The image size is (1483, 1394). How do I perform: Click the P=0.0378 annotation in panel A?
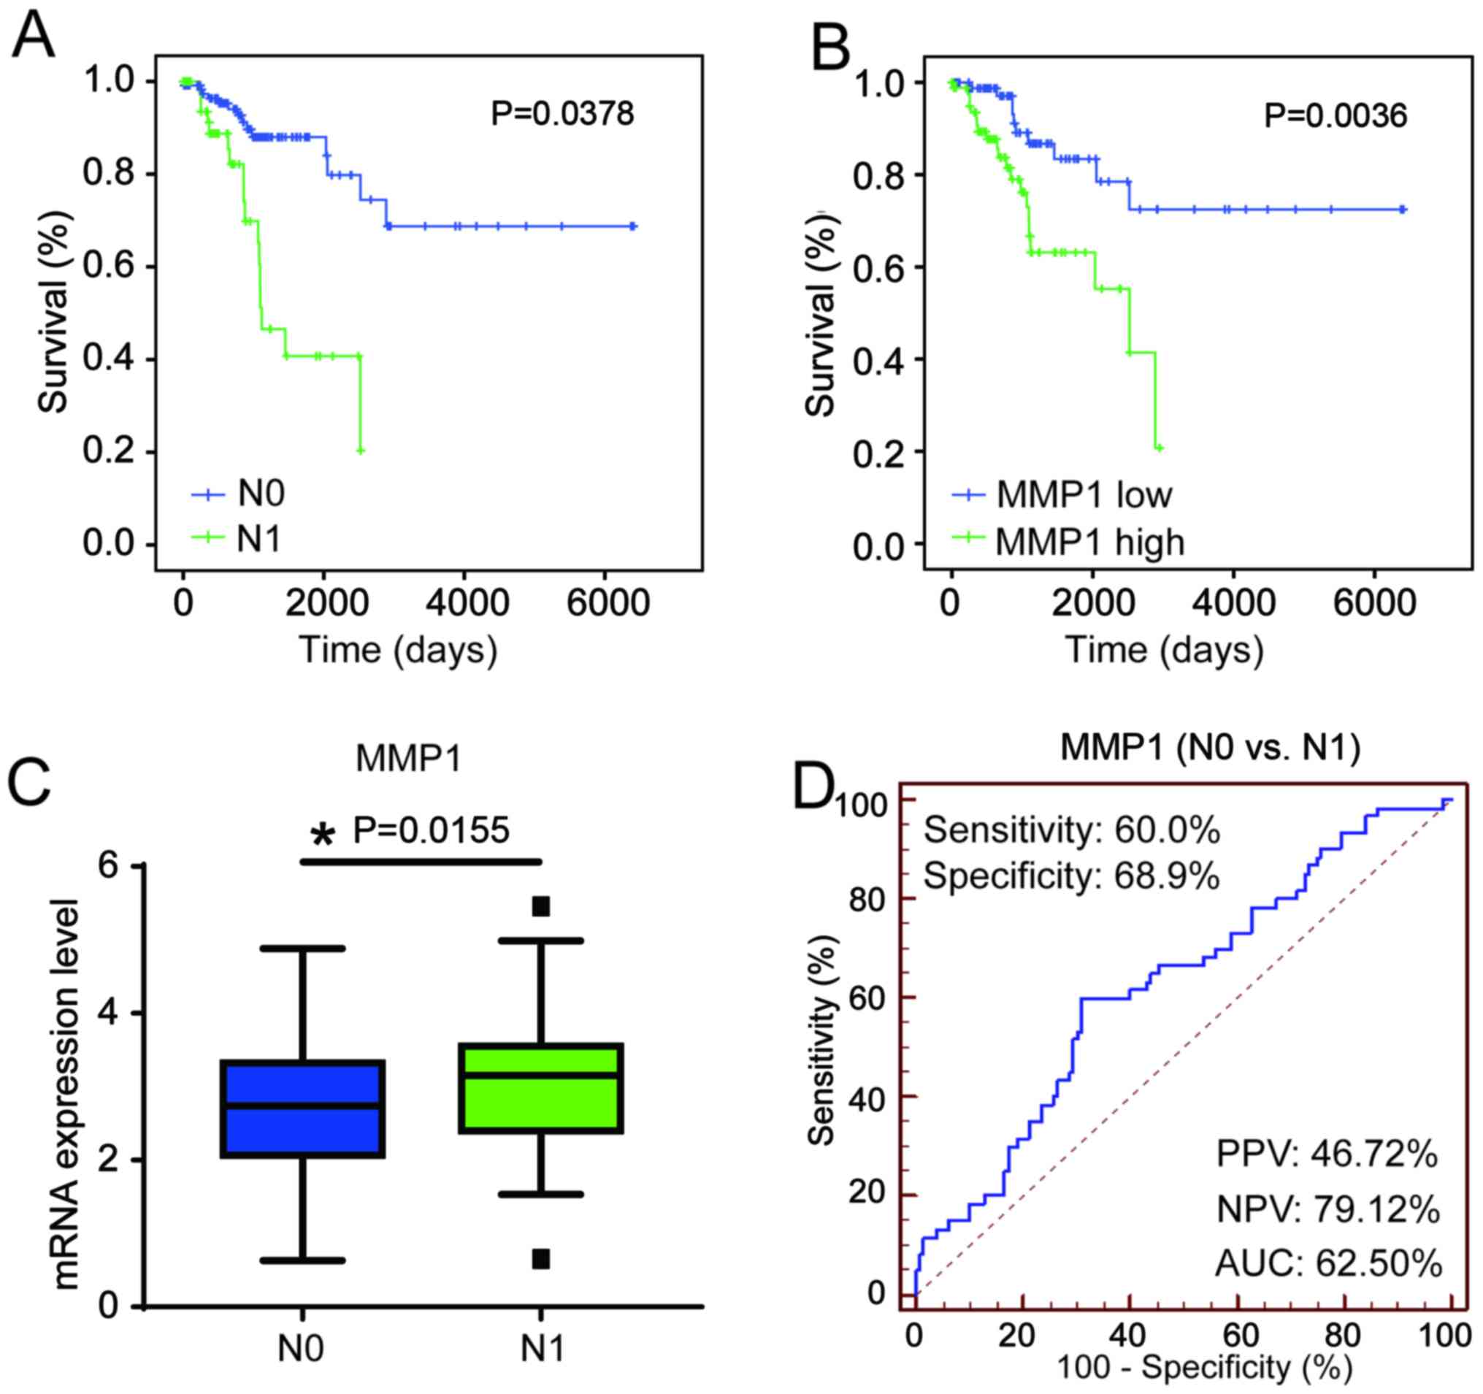tap(562, 114)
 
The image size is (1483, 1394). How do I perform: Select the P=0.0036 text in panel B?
tap(1336, 115)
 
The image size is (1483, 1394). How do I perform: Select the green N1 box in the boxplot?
tap(541, 1088)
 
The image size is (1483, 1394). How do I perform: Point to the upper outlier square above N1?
tap(541, 907)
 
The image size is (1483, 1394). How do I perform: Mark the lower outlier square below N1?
tap(541, 1259)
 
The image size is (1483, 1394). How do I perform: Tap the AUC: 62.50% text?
tap(1329, 1263)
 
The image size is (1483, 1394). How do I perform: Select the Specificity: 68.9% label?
tap(1071, 876)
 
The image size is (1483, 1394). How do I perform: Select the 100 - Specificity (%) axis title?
tap(1204, 1366)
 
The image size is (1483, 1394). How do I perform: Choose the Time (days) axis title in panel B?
tap(1165, 650)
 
